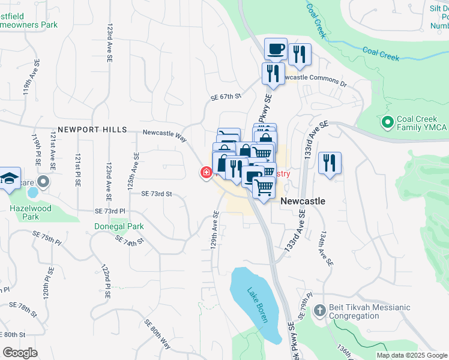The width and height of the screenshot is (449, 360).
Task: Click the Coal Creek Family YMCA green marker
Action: pyautogui.click(x=387, y=122)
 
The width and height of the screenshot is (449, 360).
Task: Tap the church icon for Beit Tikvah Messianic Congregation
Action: pyautogui.click(x=320, y=311)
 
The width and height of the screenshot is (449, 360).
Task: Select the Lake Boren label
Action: pyautogui.click(x=257, y=305)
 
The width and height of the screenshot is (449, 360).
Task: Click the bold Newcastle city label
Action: pyautogui.click(x=303, y=201)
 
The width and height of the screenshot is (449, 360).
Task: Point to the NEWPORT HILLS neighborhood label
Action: pyautogui.click(x=92, y=130)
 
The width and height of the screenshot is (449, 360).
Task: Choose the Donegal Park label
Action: pyautogui.click(x=119, y=227)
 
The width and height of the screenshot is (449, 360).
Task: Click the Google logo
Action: pyautogui.click(x=19, y=352)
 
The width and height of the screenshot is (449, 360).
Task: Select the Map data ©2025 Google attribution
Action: pyautogui.click(x=412, y=355)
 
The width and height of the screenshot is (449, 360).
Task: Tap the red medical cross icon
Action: pyautogui.click(x=205, y=173)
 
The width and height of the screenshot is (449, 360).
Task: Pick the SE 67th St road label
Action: pyautogui.click(x=226, y=96)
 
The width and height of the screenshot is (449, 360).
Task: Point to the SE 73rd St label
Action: pyautogui.click(x=157, y=194)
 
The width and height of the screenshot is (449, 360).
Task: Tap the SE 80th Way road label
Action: pyautogui.click(x=157, y=334)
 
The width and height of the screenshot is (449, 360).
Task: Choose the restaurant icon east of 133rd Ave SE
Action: pyautogui.click(x=330, y=163)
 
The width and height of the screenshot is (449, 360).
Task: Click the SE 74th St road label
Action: pyautogui.click(x=130, y=240)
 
